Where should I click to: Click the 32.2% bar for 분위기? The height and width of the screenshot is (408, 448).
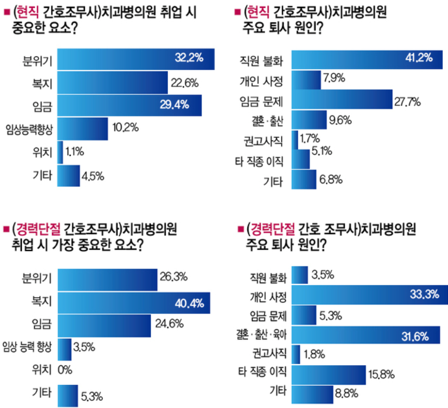coord(136,59)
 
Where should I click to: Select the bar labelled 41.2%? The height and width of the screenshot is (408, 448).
coord(367,59)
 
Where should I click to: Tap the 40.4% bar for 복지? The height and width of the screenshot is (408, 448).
coord(134,303)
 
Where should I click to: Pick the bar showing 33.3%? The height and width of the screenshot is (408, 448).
coord(370,295)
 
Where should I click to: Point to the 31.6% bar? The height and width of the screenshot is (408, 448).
coord(366,335)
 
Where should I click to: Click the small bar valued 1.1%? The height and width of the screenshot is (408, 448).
coord(60,152)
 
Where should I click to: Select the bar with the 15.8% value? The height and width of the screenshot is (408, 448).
coord(328,375)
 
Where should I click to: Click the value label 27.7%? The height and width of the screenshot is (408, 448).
coord(407,101)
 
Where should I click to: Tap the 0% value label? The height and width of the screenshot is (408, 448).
coord(65,370)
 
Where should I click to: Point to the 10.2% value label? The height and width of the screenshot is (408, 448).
coord(125,127)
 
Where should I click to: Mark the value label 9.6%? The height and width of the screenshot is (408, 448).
coord(340,120)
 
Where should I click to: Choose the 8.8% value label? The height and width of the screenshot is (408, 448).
coord(347,393)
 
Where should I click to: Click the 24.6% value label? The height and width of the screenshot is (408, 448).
coord(169,324)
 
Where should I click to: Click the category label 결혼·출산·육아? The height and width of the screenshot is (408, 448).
coord(261,335)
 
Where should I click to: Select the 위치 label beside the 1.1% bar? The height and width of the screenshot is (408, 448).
coord(43,152)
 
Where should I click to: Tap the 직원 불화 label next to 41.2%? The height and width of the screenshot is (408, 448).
coord(261,61)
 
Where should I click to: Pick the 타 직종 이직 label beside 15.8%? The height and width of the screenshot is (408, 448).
coord(262,372)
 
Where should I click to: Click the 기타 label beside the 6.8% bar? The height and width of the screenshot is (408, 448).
coord(273,182)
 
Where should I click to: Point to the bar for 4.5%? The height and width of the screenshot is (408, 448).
coord(69,176)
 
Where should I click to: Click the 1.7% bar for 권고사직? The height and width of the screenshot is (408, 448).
coord(295,139)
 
